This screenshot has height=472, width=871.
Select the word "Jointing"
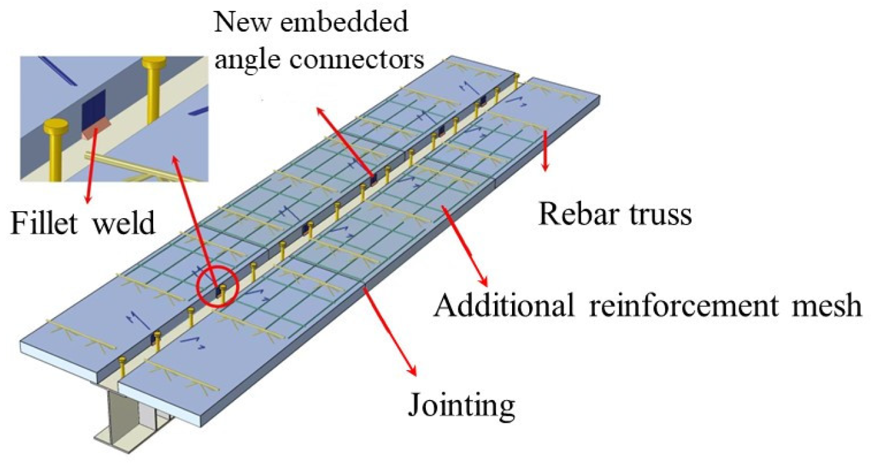click(461, 404)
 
